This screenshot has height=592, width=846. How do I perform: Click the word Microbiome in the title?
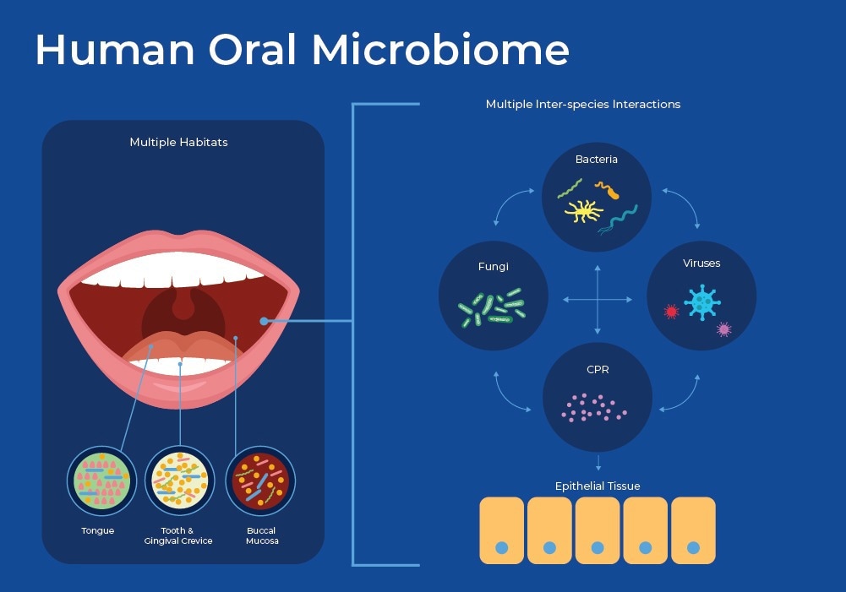[439, 51]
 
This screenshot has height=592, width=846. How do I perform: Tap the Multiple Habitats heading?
[178, 142]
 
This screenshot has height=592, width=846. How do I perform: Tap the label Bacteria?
[597, 159]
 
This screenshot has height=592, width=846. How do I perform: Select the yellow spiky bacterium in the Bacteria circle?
[584, 210]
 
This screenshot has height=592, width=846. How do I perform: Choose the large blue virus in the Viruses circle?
[701, 301]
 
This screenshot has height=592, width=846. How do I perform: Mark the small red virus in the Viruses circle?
[672, 312]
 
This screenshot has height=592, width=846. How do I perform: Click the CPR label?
[597, 370]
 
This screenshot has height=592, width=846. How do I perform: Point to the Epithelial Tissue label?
[598, 486]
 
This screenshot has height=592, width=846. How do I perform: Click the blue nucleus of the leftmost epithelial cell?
[501, 548]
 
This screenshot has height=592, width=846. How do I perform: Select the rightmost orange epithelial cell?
[693, 530]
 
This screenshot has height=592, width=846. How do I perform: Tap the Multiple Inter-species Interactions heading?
[583, 105]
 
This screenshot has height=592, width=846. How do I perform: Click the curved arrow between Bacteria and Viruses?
[683, 207]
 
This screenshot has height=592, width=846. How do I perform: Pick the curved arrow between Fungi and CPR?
[510, 393]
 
